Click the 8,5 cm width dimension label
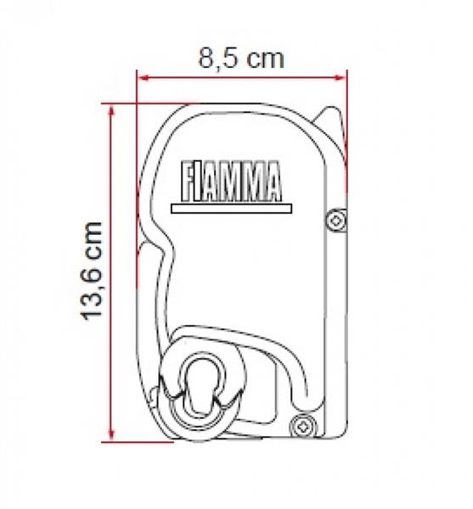tap(241, 59)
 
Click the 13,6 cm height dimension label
tap(91, 271)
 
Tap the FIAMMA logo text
tap(231, 182)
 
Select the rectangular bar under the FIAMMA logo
tap(231, 209)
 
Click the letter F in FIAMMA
tap(188, 182)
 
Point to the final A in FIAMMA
tap(273, 182)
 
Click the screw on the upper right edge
tap(336, 221)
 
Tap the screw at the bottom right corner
tap(303, 425)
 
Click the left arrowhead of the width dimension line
tap(143, 78)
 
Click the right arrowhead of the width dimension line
tap(341, 78)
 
